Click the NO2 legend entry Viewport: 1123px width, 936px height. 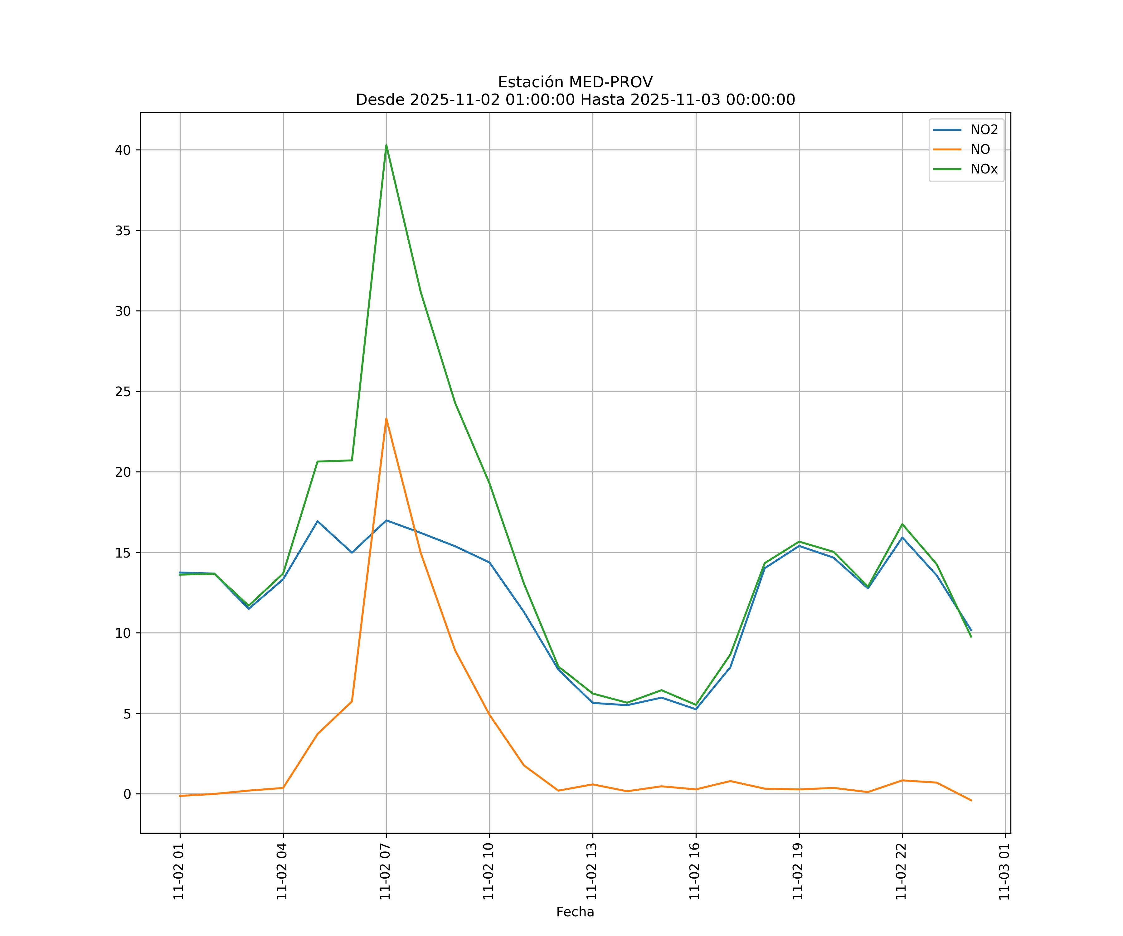click(x=984, y=130)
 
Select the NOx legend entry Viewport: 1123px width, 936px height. click(x=984, y=169)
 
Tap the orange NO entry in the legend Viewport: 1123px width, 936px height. click(x=980, y=150)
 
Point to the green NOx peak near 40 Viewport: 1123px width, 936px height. click(x=386, y=145)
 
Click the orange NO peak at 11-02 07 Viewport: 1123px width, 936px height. click(x=386, y=419)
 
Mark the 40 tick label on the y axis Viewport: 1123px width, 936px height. click(x=123, y=150)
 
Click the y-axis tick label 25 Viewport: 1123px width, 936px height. click(x=123, y=392)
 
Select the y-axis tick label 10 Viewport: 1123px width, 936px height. click(x=123, y=633)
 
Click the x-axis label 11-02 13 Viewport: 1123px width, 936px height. click(x=592, y=871)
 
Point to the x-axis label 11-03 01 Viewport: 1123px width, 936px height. click(x=1005, y=871)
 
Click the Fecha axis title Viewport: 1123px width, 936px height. click(x=575, y=912)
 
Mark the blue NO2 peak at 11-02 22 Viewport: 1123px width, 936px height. click(x=902, y=538)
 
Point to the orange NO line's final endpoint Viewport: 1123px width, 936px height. click(x=971, y=801)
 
